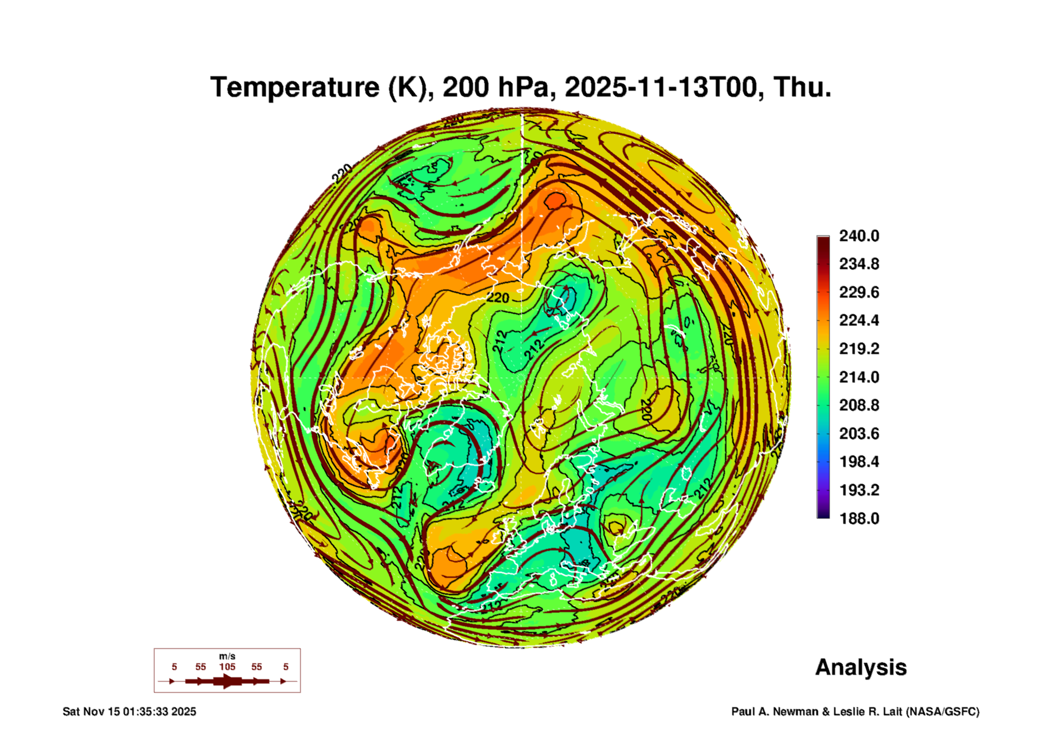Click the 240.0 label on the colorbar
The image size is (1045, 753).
(x=859, y=236)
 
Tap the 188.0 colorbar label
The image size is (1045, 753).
(x=859, y=519)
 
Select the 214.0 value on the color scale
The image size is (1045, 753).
(x=859, y=377)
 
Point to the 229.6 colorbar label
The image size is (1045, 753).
(x=859, y=292)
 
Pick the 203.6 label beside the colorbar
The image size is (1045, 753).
(x=859, y=434)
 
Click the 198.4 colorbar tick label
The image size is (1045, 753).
(x=859, y=462)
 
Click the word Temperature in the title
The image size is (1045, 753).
(x=295, y=87)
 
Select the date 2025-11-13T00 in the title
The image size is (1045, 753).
(x=661, y=87)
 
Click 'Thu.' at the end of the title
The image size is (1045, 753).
(x=802, y=87)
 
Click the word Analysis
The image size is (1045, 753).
(x=861, y=667)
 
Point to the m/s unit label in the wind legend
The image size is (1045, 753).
(x=227, y=656)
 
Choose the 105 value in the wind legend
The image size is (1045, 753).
(x=227, y=667)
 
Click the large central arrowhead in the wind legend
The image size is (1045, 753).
(x=227, y=681)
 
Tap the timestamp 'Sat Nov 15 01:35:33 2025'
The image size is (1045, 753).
(x=129, y=712)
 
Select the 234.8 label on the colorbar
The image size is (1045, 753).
(x=859, y=264)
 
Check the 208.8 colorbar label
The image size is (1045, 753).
(x=859, y=405)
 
